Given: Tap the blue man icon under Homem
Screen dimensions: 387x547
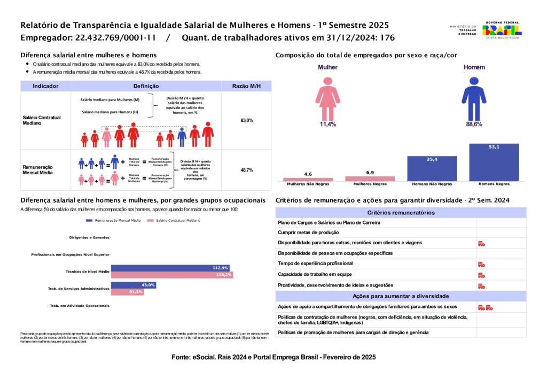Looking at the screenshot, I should tap(474, 97).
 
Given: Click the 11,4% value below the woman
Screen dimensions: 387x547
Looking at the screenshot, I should tap(327, 124).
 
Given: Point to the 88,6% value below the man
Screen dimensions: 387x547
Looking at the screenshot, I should tap(474, 124).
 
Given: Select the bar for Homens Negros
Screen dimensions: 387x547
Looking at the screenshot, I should tap(494, 162).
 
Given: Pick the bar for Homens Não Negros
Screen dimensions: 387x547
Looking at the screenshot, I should tap(432, 168).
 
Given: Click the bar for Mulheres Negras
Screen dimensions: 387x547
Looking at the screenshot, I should tap(370, 179).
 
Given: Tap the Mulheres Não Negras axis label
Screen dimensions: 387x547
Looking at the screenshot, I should tap(308, 184).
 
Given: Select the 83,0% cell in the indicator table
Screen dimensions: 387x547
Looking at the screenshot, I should tap(246, 121).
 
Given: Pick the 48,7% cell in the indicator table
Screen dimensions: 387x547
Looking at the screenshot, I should tap(246, 170).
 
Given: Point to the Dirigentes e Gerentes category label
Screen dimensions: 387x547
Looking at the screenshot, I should tap(89, 237).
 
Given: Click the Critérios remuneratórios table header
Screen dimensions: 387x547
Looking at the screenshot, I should tap(401, 213).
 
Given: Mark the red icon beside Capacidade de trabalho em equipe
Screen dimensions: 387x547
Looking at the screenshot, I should tap(481, 275).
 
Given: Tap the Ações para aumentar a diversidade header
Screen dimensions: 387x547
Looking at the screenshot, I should tap(401, 296).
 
